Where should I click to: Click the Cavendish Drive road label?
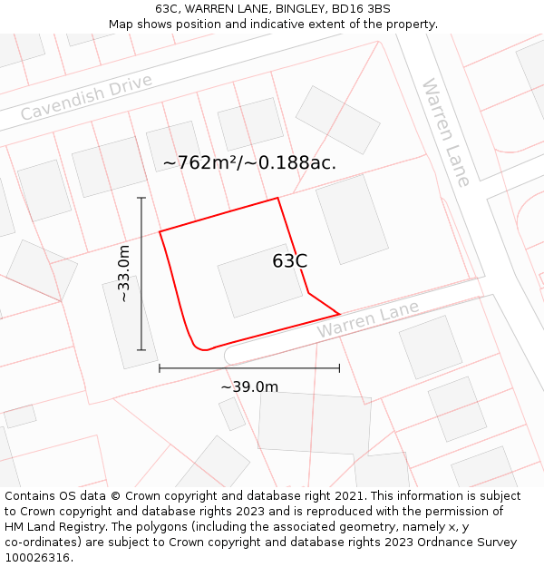[87, 98]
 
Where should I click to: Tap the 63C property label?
[289, 261]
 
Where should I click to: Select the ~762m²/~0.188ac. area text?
[249, 163]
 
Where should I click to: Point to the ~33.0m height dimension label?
[124, 273]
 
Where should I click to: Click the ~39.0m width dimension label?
[249, 387]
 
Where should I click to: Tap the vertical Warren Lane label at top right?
[446, 132]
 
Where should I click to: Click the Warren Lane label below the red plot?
[367, 319]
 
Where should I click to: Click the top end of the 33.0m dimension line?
[141, 198]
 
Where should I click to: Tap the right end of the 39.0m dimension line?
[339, 368]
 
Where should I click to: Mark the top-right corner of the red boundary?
[277, 199]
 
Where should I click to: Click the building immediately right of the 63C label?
[352, 219]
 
